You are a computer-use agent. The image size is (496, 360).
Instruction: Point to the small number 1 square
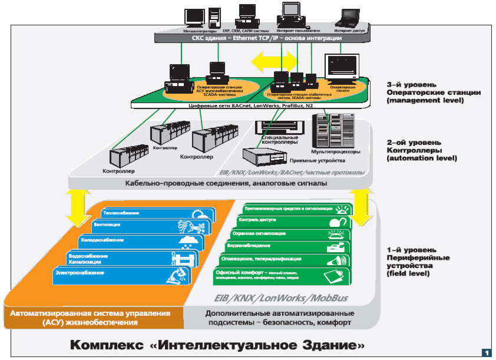[x=486, y=352]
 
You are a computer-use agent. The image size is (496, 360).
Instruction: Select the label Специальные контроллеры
[x=275, y=140]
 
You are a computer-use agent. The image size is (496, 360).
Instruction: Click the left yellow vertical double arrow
[x=77, y=209]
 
